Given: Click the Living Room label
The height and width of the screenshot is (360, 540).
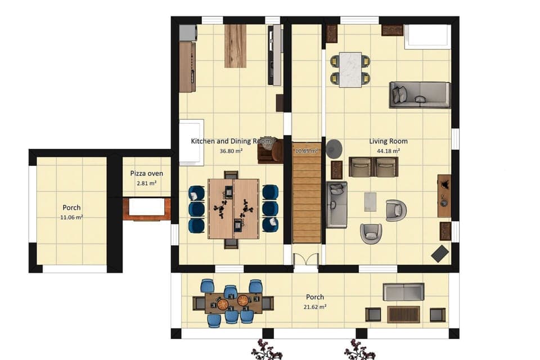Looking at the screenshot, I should tap(388, 141).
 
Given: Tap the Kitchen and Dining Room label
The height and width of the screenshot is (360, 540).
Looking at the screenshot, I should tap(223, 141).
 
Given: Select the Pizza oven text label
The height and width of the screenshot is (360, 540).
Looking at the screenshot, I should tap(147, 174).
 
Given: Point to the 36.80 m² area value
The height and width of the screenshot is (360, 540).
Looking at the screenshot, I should tap(231, 151).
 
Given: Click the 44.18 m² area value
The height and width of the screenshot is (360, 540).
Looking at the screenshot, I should tap(389, 151).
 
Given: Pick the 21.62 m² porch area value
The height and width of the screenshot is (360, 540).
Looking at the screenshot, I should tap(315, 307).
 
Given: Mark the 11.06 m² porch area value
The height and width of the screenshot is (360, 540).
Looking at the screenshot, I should tap(71, 217).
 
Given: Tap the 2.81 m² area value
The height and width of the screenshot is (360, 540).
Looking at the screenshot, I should tap(147, 183).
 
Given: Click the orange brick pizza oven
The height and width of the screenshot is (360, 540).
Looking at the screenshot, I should tap(147, 208).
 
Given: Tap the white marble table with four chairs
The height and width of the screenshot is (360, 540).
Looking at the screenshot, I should tap(350, 69).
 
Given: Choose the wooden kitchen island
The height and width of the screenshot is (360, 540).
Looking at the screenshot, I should tap(235, 46).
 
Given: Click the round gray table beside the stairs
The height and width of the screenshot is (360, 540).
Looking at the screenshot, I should tap(334, 148).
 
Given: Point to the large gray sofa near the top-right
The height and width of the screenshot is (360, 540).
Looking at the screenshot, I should tap(420, 94).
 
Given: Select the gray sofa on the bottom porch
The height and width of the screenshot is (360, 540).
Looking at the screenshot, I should tap(403, 292).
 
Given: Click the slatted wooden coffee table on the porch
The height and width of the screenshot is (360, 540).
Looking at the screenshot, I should tap(403, 314).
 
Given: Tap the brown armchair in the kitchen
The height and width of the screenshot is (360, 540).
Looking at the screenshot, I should tap(270, 151).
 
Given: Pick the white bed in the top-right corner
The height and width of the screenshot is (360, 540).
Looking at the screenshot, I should tap(427, 37).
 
